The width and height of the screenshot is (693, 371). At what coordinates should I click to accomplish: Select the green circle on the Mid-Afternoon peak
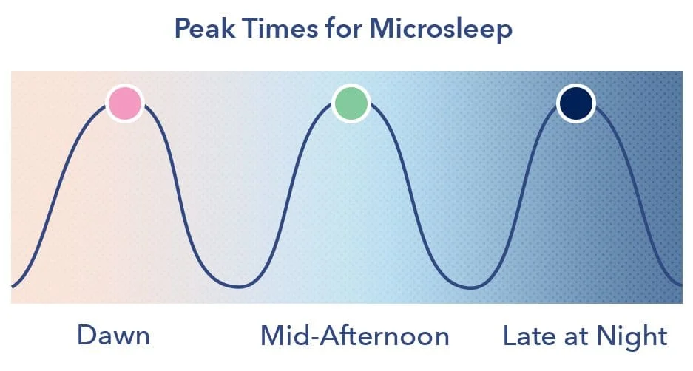pos(351,103)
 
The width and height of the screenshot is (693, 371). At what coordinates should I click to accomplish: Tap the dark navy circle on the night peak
pos(575,103)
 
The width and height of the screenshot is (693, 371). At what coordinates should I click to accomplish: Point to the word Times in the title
pos(271,30)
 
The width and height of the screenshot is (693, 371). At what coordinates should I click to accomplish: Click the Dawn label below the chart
pos(113,336)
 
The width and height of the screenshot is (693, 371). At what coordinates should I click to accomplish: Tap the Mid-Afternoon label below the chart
pos(354,336)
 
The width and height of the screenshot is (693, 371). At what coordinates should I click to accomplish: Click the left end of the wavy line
pos(13,285)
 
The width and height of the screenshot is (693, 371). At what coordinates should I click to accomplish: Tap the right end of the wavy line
pos(680,284)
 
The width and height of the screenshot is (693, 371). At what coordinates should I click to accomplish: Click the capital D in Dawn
pos(87,336)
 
